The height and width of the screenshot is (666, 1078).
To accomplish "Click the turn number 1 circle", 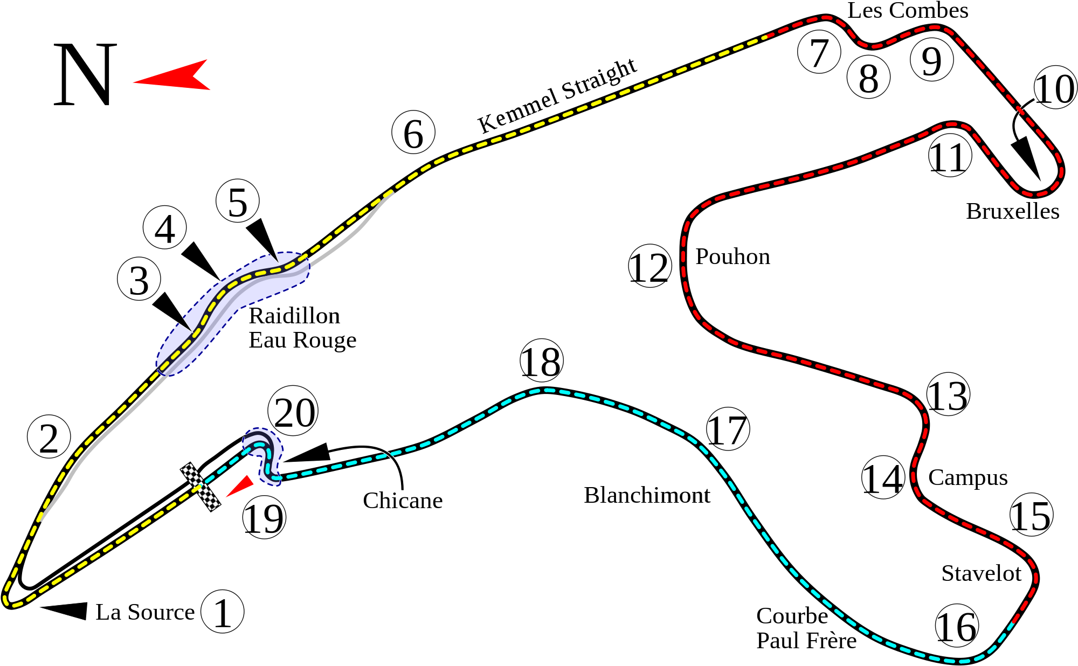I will click(222, 611).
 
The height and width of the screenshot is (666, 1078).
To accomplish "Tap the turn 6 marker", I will click(413, 133).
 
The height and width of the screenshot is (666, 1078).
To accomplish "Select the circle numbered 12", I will click(649, 266).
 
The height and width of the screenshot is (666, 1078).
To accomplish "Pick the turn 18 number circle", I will click(541, 361).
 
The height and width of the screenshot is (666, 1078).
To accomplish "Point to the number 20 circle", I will click(293, 412).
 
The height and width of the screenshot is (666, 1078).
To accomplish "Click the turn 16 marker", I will click(956, 626).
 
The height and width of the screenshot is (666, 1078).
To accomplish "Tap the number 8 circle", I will click(868, 77).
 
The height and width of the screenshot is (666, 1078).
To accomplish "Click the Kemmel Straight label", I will click(557, 96).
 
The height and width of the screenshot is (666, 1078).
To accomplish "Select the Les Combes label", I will click(907, 11).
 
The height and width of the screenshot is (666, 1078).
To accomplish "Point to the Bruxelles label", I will click(1012, 211).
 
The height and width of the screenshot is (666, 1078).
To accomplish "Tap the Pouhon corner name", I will click(733, 256).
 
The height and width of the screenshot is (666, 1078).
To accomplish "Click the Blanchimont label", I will click(646, 495).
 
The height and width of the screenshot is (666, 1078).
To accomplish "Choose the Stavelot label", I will click(981, 573).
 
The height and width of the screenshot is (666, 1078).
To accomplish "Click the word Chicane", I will click(403, 501).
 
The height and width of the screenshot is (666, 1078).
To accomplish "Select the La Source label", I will click(145, 612).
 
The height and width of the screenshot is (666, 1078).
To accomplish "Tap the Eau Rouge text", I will click(302, 340).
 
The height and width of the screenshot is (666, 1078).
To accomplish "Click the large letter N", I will click(85, 75).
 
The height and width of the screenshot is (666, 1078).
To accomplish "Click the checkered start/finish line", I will click(201, 486).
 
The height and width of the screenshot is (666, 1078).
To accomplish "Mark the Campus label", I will click(968, 477).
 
